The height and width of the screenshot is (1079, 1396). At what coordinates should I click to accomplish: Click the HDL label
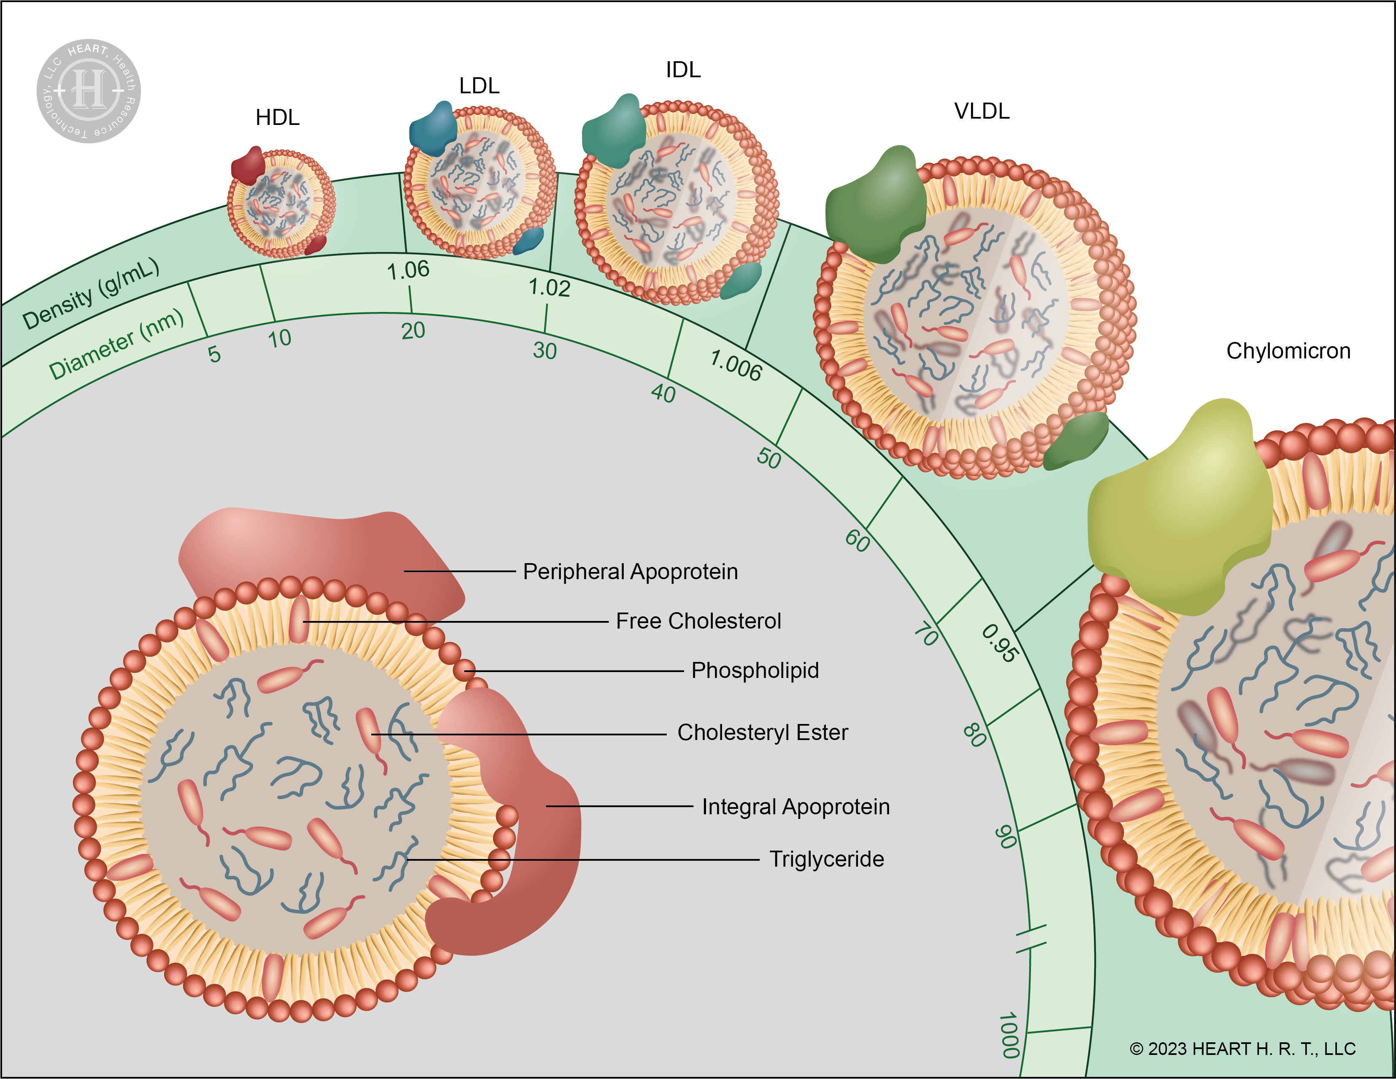tap(277, 118)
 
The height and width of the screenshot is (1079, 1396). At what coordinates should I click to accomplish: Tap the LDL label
tap(479, 86)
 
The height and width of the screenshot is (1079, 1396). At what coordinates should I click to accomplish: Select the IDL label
tap(683, 70)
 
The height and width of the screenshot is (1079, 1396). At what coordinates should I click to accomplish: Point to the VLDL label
tap(982, 111)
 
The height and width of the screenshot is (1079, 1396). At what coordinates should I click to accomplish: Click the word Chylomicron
tap(1288, 351)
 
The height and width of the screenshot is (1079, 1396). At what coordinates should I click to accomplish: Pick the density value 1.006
tap(736, 366)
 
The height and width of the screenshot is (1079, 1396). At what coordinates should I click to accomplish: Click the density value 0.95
tap(999, 643)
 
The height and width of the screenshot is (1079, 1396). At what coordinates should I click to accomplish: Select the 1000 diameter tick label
tap(1009, 1035)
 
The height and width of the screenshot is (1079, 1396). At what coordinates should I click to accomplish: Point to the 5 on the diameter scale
tap(214, 354)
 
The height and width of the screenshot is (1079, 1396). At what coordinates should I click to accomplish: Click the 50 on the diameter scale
tap(769, 458)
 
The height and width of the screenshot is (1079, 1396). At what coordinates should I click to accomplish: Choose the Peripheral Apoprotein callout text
tap(630, 572)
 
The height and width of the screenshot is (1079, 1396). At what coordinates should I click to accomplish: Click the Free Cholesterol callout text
tap(698, 621)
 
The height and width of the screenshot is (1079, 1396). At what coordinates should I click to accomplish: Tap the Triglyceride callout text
tap(826, 859)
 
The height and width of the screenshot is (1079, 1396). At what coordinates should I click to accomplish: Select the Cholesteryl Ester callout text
tap(763, 732)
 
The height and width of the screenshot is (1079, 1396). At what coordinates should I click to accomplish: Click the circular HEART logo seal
tap(89, 91)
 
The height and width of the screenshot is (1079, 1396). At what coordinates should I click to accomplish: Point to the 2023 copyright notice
tap(1242, 1049)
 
